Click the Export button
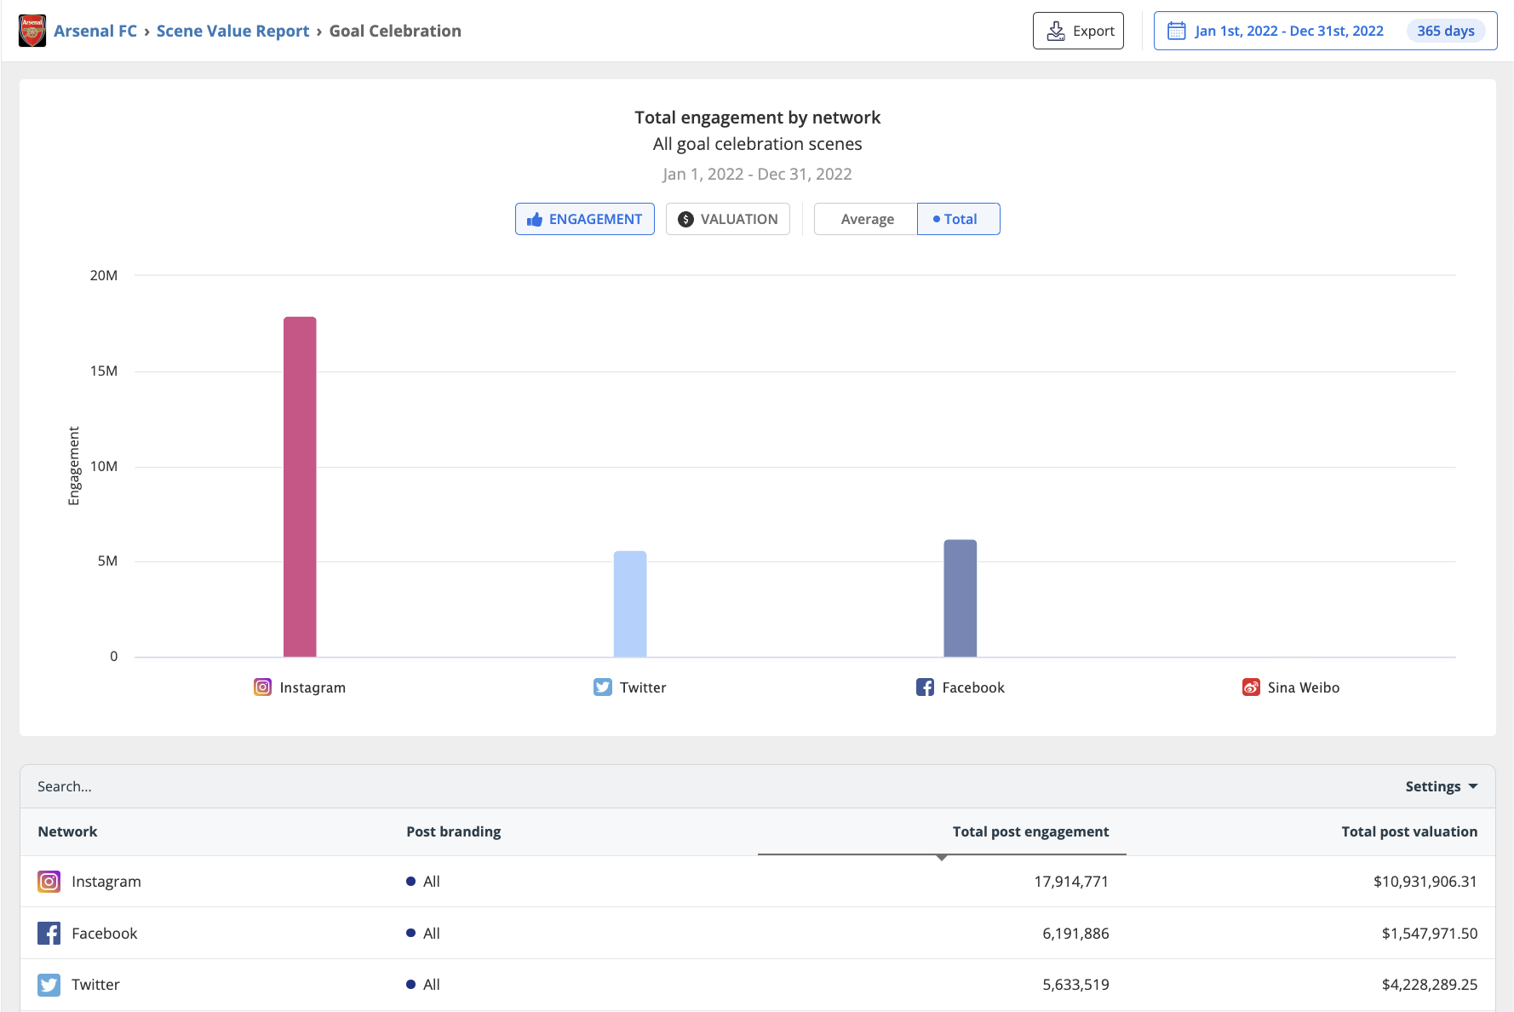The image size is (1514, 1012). (1078, 31)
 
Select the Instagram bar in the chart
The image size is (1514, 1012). (300, 486)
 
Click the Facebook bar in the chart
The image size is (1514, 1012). (960, 598)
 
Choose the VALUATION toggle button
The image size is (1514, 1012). (727, 219)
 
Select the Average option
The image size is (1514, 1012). (866, 219)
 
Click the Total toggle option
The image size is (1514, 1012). (958, 219)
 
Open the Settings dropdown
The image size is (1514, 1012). (1441, 786)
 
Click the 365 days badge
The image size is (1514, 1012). (1445, 31)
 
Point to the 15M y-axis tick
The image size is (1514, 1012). (104, 371)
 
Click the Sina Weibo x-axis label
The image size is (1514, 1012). (1302, 687)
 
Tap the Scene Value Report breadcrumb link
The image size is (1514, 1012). (232, 31)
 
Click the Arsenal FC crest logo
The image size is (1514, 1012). (32, 31)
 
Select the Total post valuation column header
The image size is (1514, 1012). (1408, 831)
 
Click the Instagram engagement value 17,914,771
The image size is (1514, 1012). (1070, 882)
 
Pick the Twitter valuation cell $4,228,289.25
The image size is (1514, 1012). (1429, 985)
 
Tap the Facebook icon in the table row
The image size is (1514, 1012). (49, 934)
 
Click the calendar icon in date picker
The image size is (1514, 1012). (1176, 31)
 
